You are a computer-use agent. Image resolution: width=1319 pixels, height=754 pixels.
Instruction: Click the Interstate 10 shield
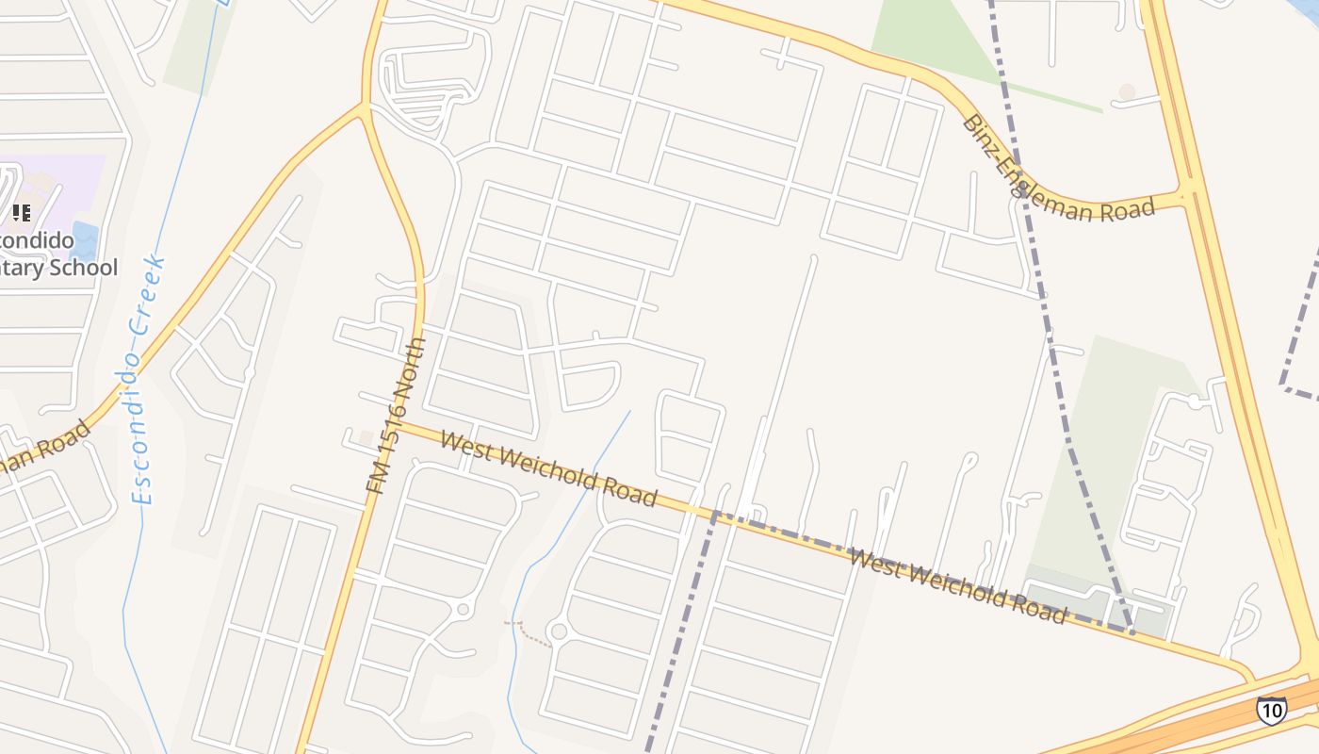tap(1272, 710)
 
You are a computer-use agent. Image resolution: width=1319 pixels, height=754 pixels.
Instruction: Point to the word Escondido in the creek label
tap(139, 424)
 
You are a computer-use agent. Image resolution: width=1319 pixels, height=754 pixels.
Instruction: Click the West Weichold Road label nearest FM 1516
tap(547, 468)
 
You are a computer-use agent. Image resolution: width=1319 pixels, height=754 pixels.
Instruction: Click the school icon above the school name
tap(22, 212)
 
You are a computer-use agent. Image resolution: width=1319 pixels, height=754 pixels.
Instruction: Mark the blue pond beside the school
tap(84, 241)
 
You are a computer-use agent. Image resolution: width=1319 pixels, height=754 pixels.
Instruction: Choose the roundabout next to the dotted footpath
tap(558, 631)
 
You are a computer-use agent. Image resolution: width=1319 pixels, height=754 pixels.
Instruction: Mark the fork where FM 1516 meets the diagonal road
tap(364, 107)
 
